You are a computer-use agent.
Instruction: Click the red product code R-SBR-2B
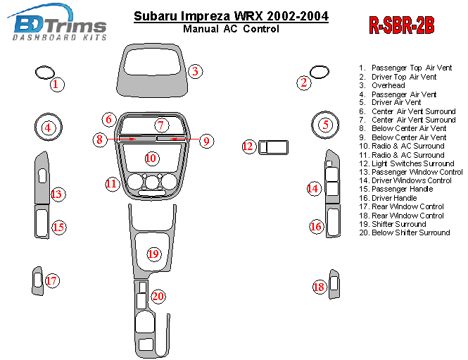pos(402,25)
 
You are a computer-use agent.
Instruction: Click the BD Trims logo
pos(57,23)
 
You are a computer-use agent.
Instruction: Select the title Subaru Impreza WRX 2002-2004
pos(231,15)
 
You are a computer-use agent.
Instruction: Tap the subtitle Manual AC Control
pos(231,29)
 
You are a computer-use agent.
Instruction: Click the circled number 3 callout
pos(195,71)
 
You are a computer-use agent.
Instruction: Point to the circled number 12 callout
pos(248,147)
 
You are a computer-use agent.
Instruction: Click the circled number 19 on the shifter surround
pos(153,254)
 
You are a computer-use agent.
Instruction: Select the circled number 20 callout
pos(158,297)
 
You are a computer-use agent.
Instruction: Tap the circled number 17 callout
pos(52,280)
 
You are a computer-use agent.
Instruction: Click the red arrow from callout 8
pos(121,139)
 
